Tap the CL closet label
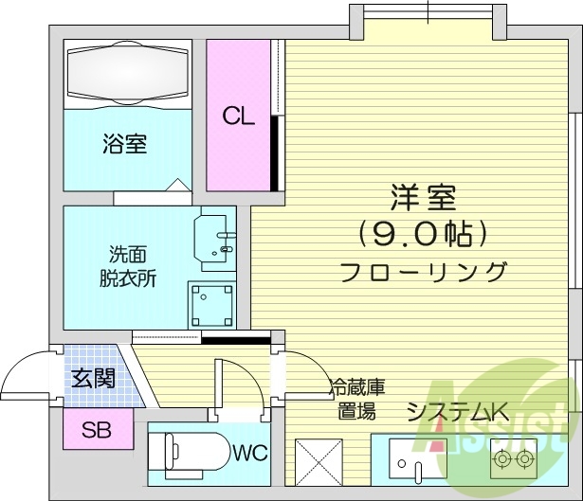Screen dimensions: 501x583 pos(238,116)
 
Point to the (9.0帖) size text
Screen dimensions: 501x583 pos(423,231)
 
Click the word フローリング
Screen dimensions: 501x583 pos(423,273)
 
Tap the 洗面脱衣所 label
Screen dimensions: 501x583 pos(127,266)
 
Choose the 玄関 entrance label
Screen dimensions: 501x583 pos(94,379)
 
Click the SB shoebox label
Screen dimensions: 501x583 pos(95,431)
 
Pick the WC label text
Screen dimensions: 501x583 pos(250,452)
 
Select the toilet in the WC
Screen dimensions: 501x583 pos(191,451)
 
